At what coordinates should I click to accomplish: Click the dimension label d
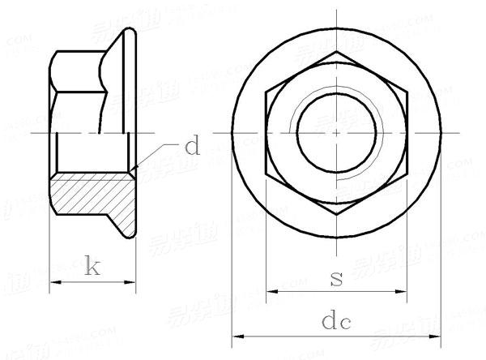click(191, 147)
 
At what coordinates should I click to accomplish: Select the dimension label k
click(92, 267)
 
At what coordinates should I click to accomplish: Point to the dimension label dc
click(335, 321)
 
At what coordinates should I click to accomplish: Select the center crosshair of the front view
click(335, 132)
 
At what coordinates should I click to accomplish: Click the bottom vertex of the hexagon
click(335, 212)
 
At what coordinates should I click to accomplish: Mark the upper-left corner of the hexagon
click(267, 92)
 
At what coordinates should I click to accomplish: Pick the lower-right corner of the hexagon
click(404, 172)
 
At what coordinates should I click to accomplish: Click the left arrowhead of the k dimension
click(54, 282)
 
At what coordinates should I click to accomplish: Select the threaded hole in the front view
click(335, 132)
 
